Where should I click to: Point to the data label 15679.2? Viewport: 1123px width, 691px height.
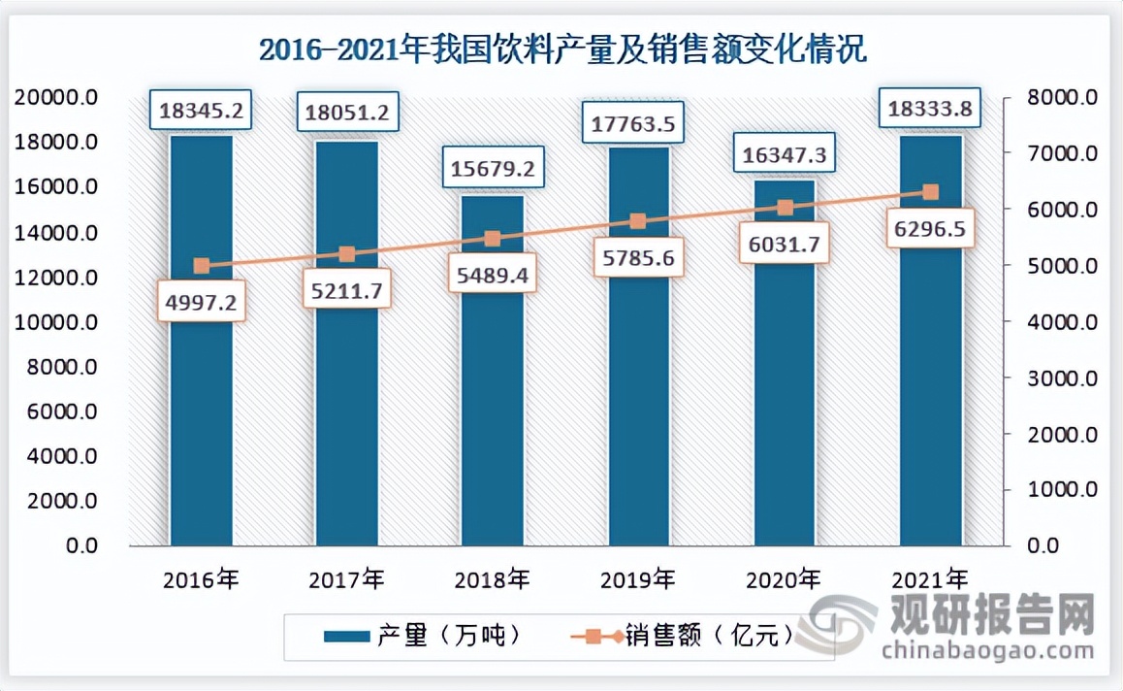coord(493,168)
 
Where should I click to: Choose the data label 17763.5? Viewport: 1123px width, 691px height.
coord(638,122)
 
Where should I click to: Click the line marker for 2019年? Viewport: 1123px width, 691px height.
coord(637,221)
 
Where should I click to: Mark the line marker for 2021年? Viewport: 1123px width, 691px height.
coord(930,192)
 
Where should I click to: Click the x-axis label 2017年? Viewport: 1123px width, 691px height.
coord(346,580)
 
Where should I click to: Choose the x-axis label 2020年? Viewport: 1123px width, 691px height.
coord(785,580)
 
